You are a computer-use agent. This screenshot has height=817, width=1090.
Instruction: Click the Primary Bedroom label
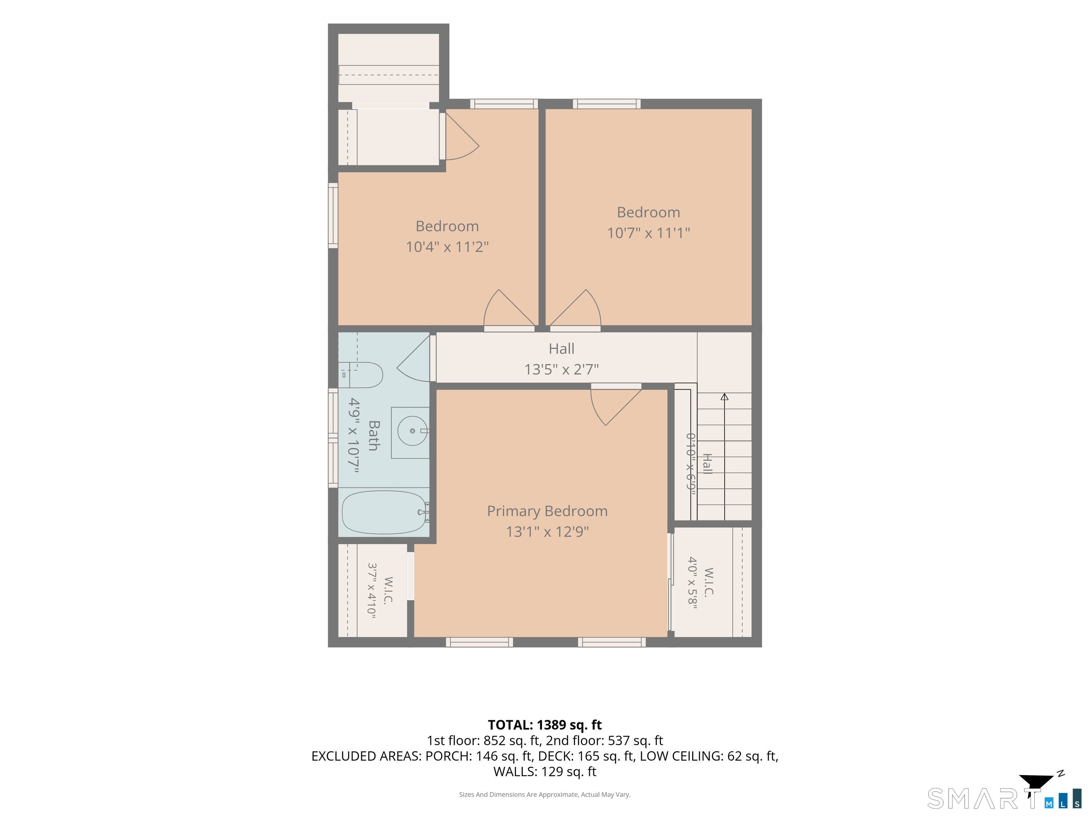(547, 511)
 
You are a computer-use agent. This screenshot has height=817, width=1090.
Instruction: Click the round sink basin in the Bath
(412, 431)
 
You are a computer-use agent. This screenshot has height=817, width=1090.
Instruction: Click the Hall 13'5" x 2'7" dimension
(561, 369)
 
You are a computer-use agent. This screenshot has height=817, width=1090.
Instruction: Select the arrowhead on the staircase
(725, 397)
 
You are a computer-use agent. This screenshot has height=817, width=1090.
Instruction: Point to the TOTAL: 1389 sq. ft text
(545, 725)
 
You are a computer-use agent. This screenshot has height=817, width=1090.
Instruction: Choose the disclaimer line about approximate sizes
(545, 794)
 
